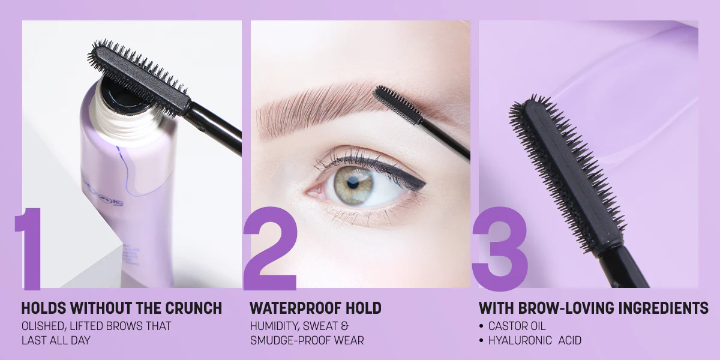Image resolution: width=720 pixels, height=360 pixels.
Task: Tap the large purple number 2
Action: coord(271,248)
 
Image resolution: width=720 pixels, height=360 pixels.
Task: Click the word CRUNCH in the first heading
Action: coord(193,308)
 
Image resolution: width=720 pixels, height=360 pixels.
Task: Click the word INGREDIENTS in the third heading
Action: coord(664,308)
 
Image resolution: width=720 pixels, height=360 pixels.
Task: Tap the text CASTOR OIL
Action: coord(517,326)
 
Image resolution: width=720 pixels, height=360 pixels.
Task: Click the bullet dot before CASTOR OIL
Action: coord(481,326)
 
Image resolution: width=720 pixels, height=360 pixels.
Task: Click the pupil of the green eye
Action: coord(353,184)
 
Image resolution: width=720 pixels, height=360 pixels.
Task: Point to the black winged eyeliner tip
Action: coord(425,184)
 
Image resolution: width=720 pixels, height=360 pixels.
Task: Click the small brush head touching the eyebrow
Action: coord(397,104)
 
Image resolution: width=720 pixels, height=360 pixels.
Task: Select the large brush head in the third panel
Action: coord(568,173)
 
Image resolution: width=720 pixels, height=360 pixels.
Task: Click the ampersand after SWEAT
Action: coord(344,326)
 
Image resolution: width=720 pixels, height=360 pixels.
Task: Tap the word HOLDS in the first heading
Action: coord(43,308)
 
